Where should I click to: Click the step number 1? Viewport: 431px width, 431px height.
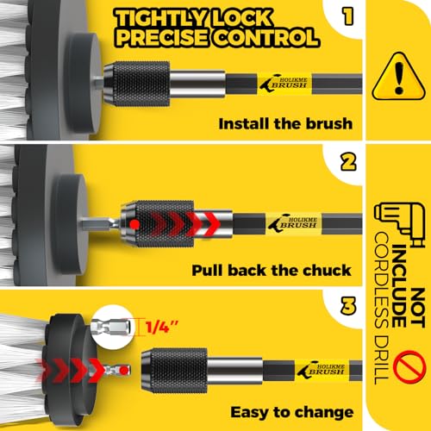[x=348, y=16]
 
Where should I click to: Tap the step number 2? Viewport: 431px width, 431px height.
[x=348, y=162]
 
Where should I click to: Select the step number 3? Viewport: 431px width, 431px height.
[x=348, y=305]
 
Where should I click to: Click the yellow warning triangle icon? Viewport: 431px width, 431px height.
[x=398, y=77]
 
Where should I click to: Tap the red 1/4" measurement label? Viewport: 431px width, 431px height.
[x=162, y=327]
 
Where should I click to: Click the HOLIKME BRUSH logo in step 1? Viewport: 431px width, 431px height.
[x=284, y=83]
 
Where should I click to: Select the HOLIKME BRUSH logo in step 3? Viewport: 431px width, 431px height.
[x=322, y=369]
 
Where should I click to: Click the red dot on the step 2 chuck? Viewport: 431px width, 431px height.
[x=134, y=224]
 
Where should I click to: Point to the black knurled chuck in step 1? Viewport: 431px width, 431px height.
[x=137, y=84]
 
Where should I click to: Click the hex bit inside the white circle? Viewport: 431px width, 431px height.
[x=111, y=327]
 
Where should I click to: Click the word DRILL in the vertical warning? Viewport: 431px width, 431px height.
[x=382, y=359]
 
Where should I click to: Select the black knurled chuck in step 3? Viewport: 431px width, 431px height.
[x=175, y=371]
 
